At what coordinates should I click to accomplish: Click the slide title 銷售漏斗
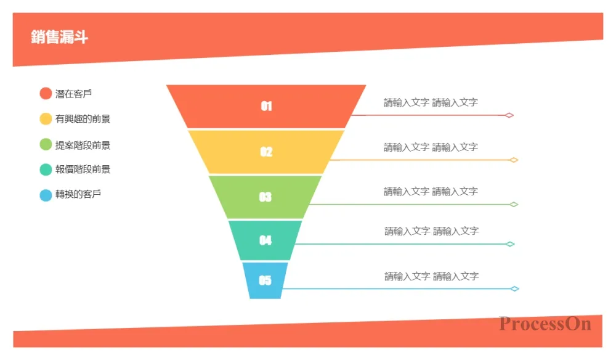point(59,37)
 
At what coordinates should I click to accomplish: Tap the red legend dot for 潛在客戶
point(46,94)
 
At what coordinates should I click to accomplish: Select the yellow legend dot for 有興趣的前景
point(46,119)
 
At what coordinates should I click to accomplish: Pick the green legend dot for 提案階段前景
point(46,145)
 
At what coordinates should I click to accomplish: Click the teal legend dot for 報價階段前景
point(46,170)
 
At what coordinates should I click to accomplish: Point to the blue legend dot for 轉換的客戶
point(46,195)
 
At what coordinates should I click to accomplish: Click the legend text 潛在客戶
point(73,94)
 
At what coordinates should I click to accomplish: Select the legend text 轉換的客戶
point(78,194)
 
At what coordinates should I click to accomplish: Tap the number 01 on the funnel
point(266,106)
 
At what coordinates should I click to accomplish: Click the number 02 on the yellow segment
point(266,152)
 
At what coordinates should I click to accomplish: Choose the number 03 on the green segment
point(265,197)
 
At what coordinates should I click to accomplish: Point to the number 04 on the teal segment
point(265,240)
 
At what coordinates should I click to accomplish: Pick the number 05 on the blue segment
point(265,280)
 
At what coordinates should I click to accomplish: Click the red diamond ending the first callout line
point(509,115)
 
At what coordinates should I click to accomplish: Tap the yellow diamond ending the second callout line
point(514,160)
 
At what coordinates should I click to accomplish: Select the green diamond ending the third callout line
point(514,205)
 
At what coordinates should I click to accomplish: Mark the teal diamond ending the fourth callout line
point(510,244)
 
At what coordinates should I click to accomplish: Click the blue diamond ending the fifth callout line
point(514,289)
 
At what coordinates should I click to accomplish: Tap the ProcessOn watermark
point(545,324)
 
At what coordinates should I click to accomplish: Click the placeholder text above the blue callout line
point(431,276)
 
